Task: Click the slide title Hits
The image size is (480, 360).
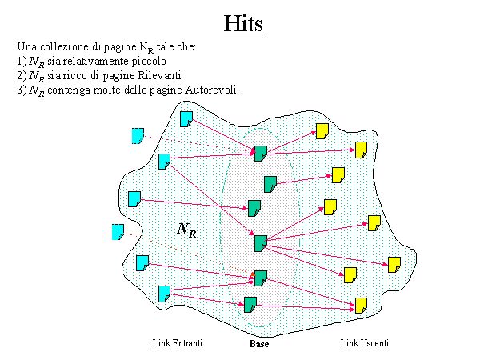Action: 243,22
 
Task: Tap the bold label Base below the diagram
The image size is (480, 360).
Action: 259,345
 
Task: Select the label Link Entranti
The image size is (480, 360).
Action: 177,343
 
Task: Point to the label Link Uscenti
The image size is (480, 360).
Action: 365,343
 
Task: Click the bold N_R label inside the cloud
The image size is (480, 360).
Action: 186,230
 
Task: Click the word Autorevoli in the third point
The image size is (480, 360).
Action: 213,88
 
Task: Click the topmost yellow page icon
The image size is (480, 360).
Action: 322,131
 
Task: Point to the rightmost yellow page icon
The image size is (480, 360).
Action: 394,264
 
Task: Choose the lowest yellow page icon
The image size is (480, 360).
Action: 361,305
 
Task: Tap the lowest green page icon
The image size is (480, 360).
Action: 250,304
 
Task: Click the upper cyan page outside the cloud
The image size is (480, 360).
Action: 138,135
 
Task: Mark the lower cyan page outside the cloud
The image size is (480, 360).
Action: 118,232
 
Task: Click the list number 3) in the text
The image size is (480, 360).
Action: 21,88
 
